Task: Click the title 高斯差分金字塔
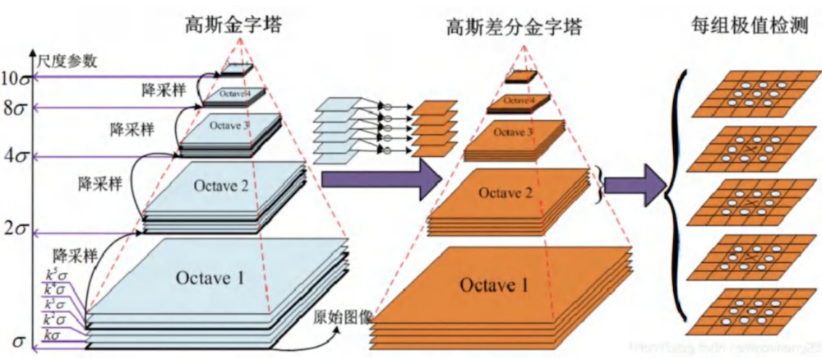pos(515,28)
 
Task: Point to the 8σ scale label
pos(15,108)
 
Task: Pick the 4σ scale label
pos(15,157)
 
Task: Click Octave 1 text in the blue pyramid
pos(210,278)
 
